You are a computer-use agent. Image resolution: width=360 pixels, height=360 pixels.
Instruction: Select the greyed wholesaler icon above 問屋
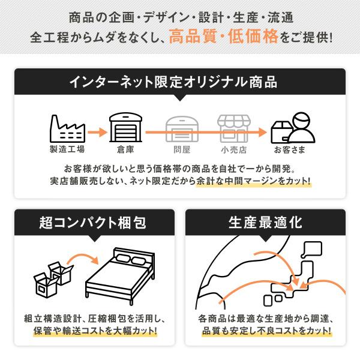181,127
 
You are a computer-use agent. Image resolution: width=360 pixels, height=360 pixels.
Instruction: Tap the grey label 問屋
181,149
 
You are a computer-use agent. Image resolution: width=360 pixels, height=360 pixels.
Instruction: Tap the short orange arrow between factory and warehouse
95,128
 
